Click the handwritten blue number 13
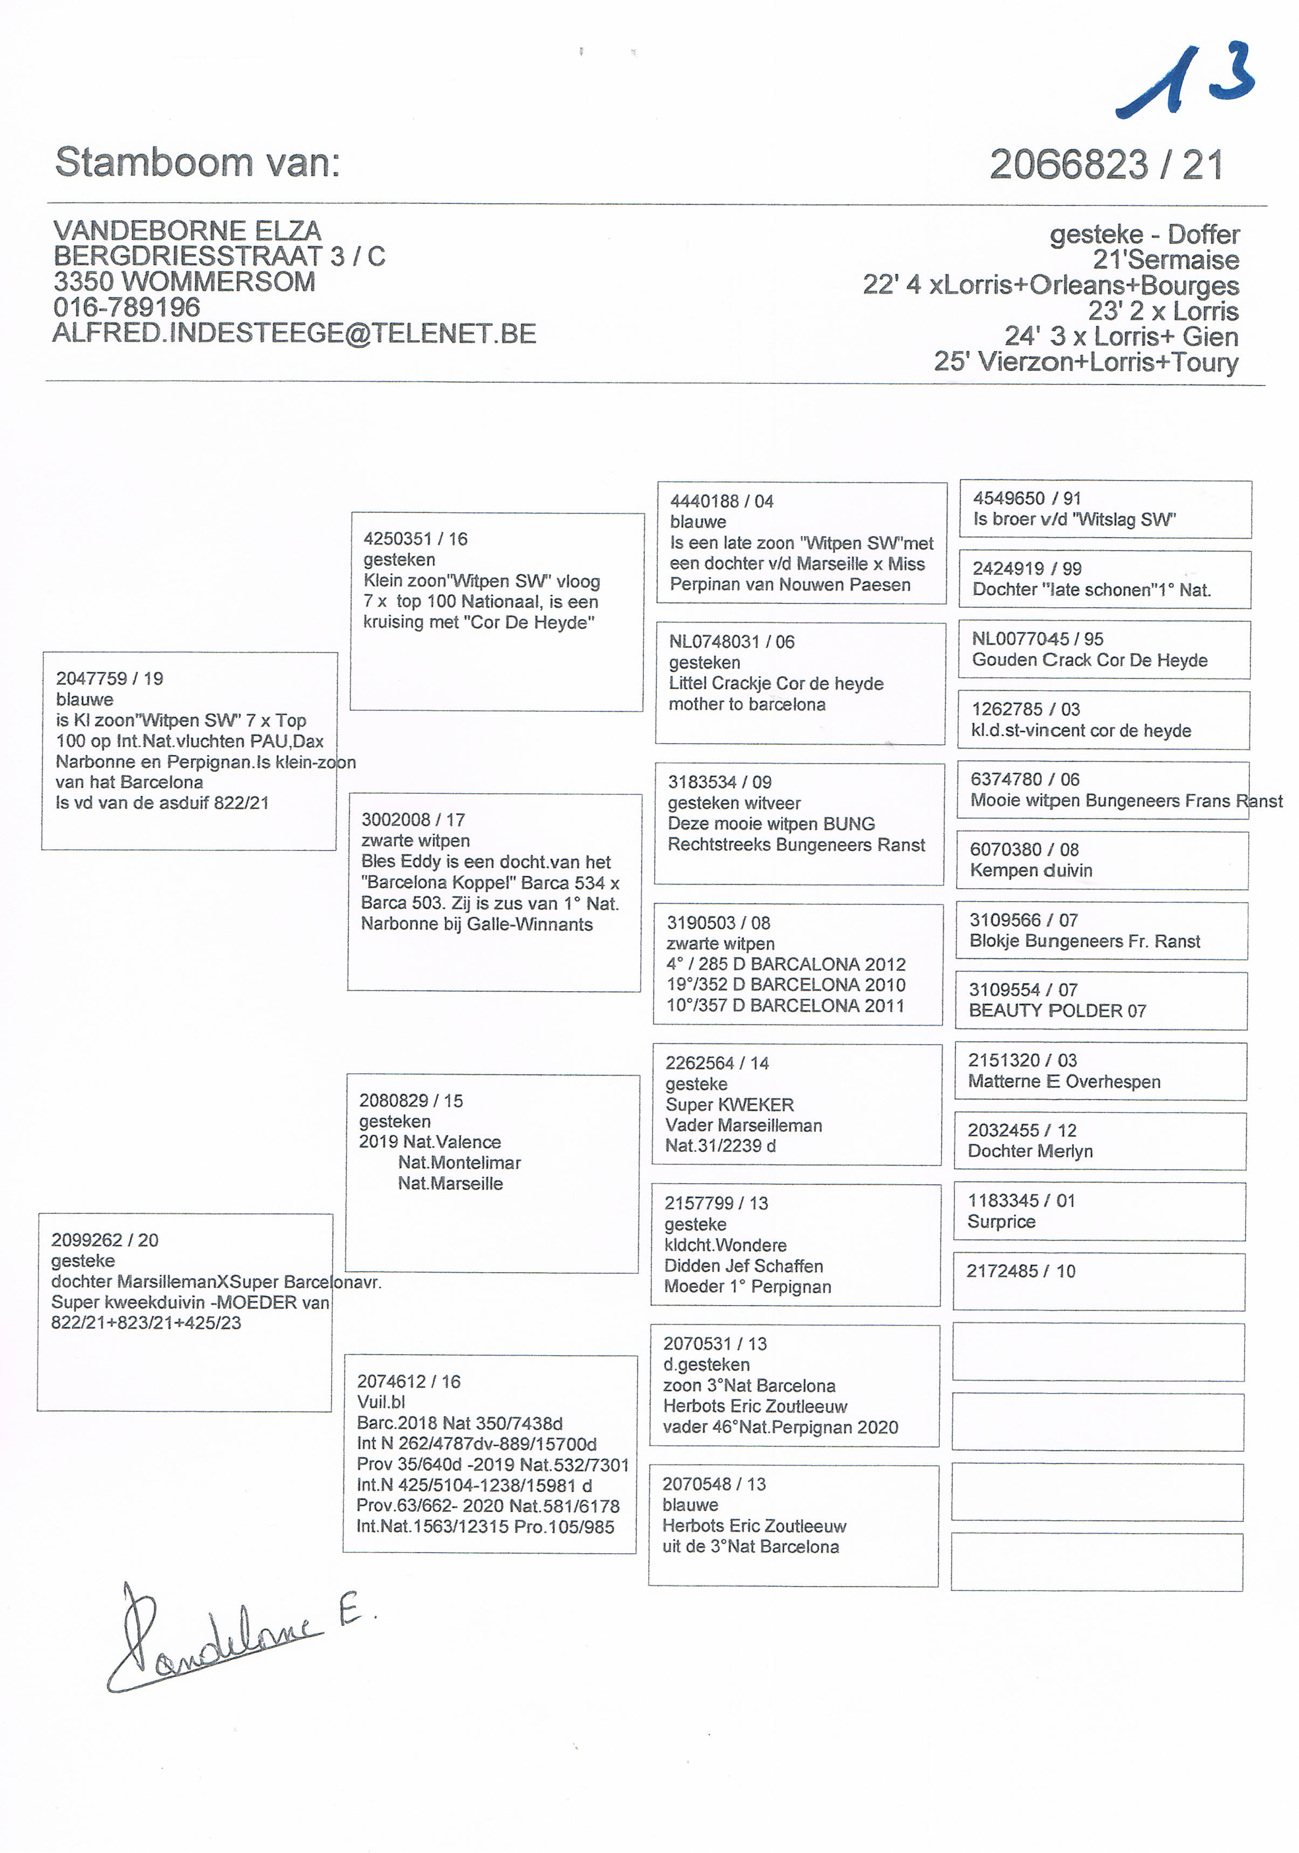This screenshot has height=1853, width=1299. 1186,81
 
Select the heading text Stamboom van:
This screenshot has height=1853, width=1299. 198,162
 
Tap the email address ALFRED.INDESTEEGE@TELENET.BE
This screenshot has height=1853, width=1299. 294,333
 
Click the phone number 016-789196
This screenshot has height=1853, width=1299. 127,307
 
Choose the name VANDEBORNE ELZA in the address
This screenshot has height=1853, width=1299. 187,231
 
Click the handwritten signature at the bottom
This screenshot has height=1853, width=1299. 234,1638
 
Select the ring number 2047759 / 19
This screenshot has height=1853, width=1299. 109,679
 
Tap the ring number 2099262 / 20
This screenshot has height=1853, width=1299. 105,1240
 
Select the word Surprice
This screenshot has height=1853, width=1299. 1001,1222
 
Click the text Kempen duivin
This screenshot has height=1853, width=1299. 1031,871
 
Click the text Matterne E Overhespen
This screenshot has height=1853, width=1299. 1064,1082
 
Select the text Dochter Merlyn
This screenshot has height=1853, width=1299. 1030,1152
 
